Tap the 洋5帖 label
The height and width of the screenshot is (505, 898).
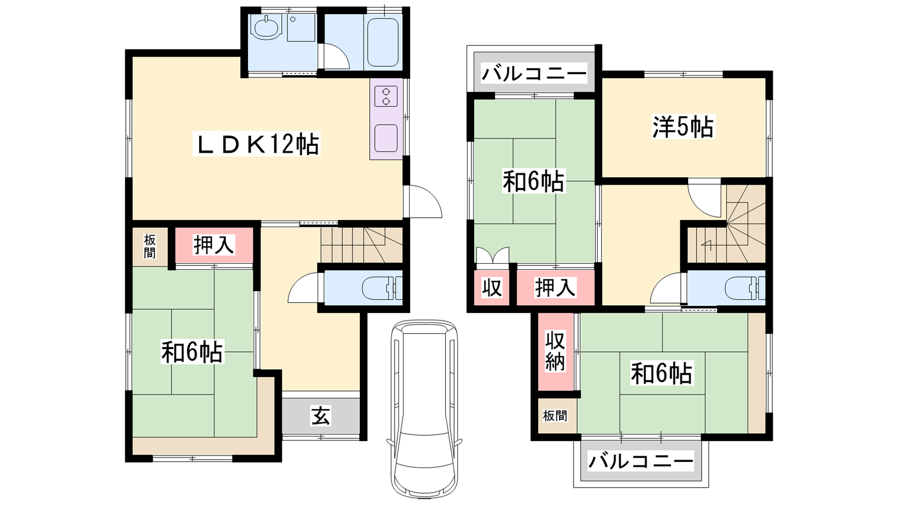click(683, 127)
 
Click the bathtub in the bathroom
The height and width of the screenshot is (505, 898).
click(383, 42)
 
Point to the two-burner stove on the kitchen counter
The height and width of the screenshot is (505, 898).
click(386, 97)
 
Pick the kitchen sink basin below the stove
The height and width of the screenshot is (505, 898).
click(386, 138)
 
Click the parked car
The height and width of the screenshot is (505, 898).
click(424, 409)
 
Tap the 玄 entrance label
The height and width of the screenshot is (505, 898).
click(320, 415)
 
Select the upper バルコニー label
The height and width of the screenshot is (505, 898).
click(534, 74)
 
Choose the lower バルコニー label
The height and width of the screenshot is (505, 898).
click(640, 461)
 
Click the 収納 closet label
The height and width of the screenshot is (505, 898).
click(555, 351)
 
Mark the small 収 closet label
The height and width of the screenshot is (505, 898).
click(492, 287)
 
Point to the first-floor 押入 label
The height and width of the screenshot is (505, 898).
click(213, 245)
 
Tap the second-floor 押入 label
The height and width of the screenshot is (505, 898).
click(556, 287)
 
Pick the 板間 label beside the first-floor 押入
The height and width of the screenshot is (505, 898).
click(150, 246)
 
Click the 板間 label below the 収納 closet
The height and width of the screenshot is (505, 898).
click(555, 416)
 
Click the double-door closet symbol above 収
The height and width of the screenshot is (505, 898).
click(492, 256)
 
